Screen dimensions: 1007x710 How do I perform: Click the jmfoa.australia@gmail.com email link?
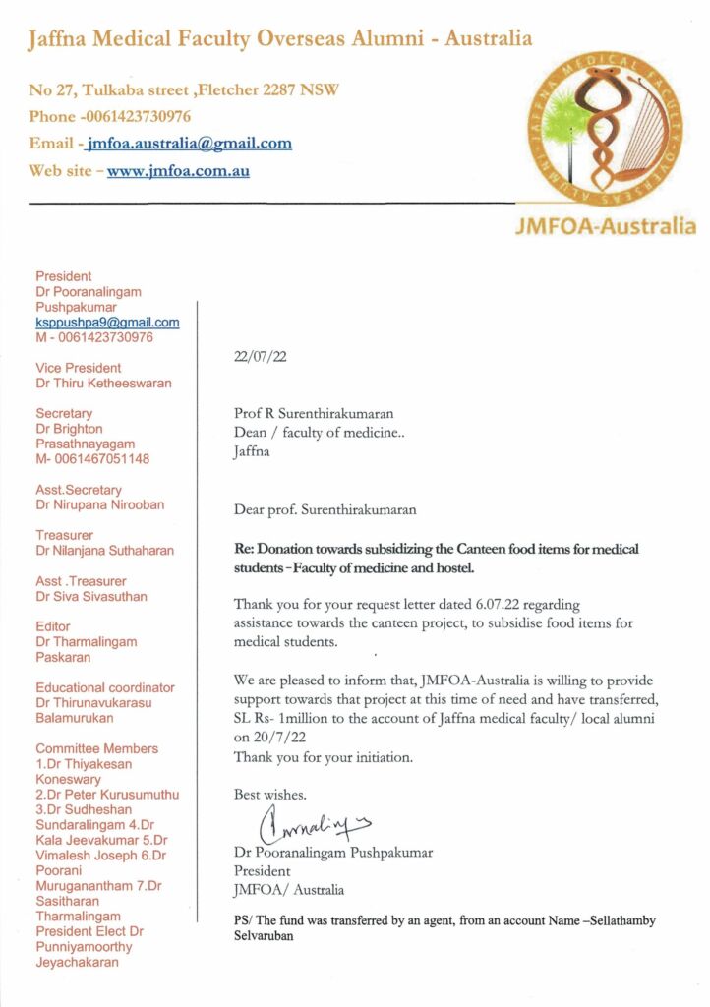coord(189,144)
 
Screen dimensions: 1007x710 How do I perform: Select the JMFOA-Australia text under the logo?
coord(605,227)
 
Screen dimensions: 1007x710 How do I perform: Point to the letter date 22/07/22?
coord(261,358)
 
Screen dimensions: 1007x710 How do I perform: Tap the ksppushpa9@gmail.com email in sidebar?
coord(107,323)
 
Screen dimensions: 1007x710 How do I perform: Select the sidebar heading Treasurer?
coord(64,535)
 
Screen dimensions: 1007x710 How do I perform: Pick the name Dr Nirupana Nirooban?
coord(99,504)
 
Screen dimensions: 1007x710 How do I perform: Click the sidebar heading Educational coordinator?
coord(105,687)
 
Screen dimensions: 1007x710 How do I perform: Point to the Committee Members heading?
coord(96,748)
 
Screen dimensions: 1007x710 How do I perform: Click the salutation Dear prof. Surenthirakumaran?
coord(325,510)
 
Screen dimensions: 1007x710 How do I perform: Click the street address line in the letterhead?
coord(184,89)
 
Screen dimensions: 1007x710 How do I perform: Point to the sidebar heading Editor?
coord(53,626)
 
